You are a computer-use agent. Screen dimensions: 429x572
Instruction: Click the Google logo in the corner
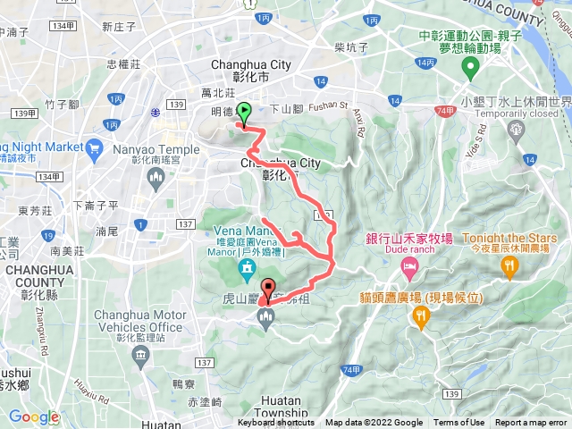pos(33,416)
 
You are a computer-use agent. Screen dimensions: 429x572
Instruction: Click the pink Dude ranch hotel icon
pos(408,268)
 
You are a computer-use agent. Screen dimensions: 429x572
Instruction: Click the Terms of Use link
pos(459,423)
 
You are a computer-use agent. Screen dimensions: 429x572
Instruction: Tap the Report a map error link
pos(533,423)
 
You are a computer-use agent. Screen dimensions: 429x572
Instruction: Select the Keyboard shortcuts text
pos(275,423)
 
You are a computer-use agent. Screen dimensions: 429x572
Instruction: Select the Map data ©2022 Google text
pos(374,423)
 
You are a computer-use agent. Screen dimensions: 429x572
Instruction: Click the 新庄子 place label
pos(119,27)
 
